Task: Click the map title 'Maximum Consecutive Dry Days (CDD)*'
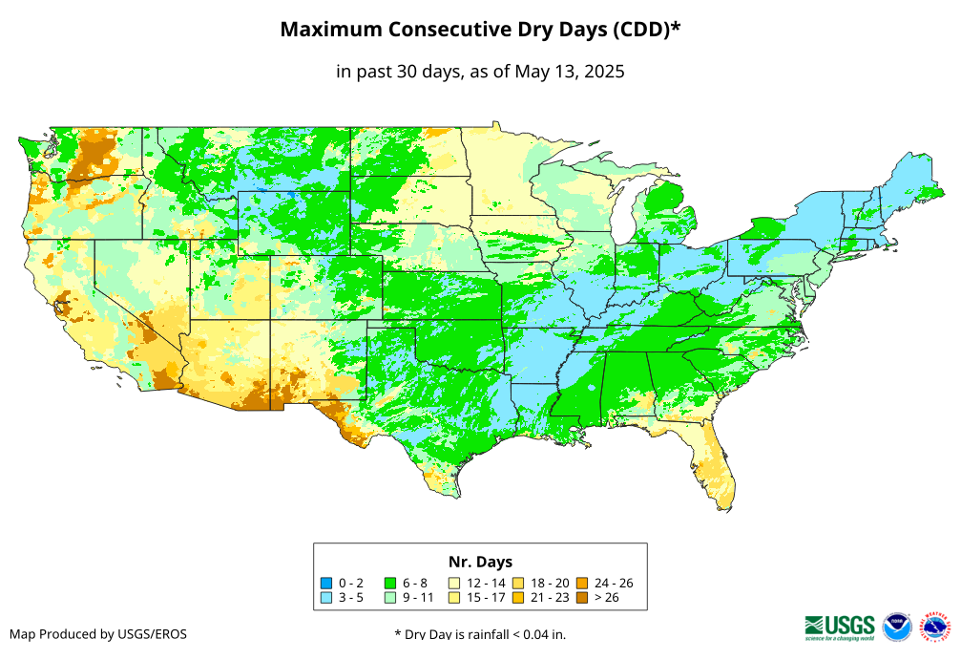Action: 480,30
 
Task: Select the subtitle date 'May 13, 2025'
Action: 570,72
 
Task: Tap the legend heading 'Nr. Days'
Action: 480,562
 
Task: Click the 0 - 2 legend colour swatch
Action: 326,583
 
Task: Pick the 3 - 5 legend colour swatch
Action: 326,597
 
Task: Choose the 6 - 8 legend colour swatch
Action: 390,583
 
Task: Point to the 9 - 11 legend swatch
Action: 390,597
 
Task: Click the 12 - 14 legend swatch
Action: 455,583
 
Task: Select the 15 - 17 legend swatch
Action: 455,597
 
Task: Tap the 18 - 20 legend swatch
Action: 519,583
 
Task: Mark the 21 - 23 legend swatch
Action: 519,597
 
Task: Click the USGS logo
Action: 840,627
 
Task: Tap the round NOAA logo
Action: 897,627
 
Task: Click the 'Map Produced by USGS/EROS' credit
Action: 98,634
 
